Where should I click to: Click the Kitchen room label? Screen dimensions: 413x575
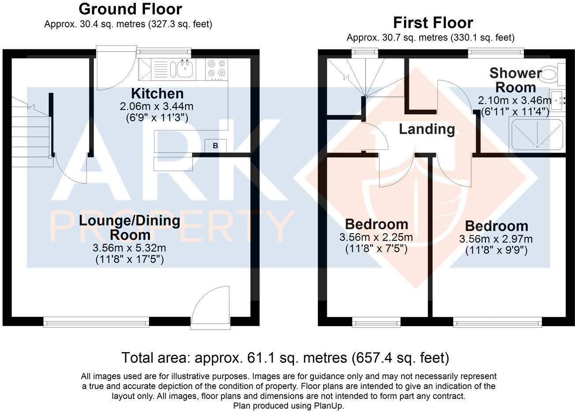(x=157, y=93)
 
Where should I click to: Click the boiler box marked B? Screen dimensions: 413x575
(x=216, y=145)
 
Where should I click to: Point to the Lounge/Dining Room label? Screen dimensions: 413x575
(x=130, y=227)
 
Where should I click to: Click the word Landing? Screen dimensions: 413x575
(x=426, y=129)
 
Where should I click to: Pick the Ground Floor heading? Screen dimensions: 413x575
(x=130, y=9)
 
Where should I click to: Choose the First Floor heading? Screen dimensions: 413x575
(x=433, y=22)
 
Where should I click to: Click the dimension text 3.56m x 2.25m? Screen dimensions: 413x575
(x=376, y=238)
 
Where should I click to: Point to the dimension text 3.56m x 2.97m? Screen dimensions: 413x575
(x=496, y=239)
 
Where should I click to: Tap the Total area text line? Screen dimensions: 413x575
(x=285, y=357)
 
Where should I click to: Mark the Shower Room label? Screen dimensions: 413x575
(x=515, y=80)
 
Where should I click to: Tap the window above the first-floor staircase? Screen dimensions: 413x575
(x=365, y=52)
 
